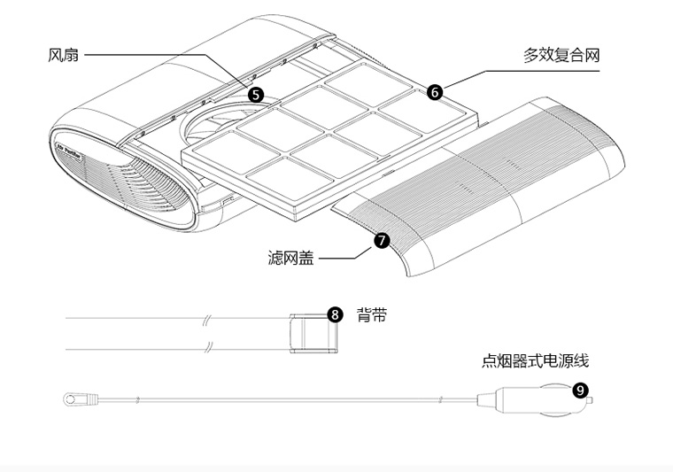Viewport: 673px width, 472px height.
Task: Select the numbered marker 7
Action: (382, 240)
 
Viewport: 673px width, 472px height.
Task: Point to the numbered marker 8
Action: (335, 314)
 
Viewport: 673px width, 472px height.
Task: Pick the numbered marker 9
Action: (579, 390)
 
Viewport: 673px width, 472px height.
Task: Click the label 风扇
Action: (63, 55)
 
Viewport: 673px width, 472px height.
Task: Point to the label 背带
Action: (372, 315)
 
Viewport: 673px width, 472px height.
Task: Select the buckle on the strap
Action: (313, 333)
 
